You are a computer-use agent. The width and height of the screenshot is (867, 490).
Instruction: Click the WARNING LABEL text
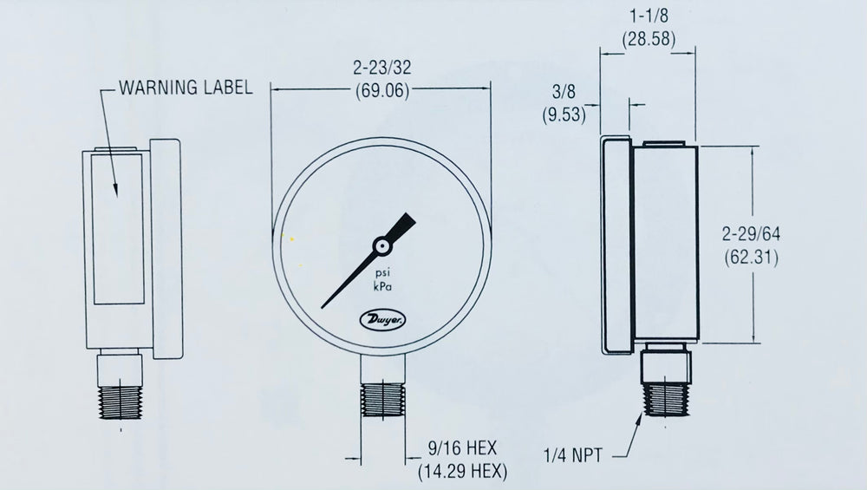click(186, 87)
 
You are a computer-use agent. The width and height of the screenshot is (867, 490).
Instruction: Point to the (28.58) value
click(649, 38)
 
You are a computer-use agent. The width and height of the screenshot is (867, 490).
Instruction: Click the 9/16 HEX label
click(462, 450)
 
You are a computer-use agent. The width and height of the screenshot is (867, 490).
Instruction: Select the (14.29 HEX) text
click(462, 472)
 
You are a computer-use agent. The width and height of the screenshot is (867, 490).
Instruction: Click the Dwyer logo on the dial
click(380, 321)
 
